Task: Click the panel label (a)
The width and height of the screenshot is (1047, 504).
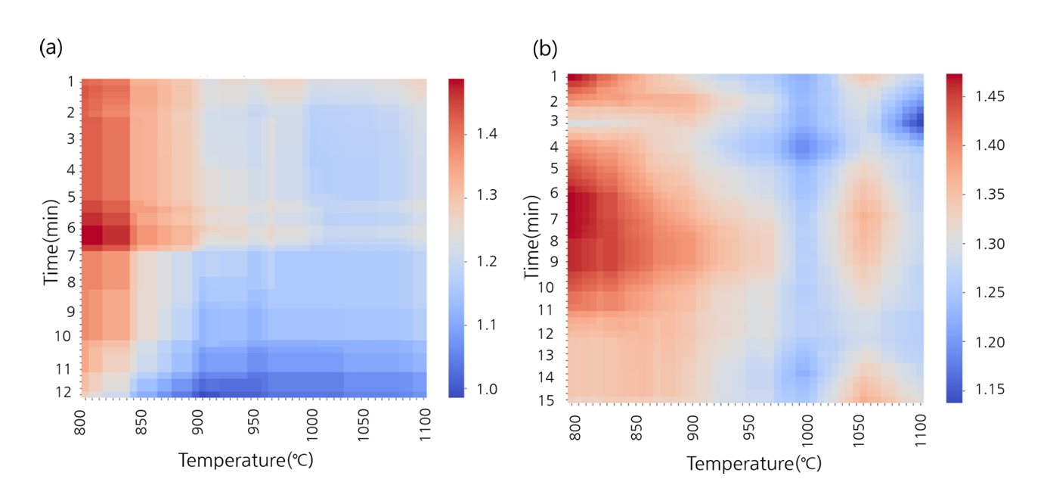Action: [50, 48]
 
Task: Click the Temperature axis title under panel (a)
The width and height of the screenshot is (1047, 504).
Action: [245, 459]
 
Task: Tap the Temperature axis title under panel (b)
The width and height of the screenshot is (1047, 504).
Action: [754, 463]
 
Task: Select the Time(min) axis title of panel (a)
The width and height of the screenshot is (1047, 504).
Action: [51, 237]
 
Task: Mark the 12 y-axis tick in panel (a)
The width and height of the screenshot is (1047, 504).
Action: [64, 392]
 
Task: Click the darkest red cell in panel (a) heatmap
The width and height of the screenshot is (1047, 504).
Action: [91, 235]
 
